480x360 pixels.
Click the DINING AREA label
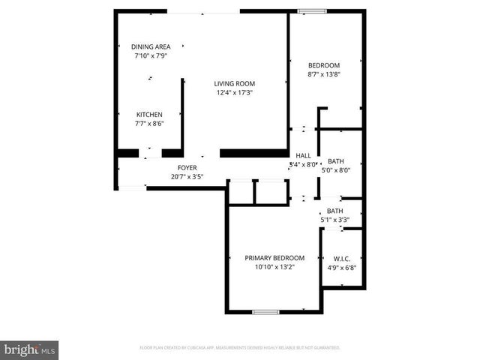(151, 46)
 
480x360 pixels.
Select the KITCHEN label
(148, 115)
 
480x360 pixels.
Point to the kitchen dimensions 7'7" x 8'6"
(148, 124)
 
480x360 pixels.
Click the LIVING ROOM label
(235, 83)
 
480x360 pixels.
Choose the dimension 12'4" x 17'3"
(235, 93)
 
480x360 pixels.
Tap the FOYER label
(187, 168)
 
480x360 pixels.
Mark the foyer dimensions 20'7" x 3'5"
(187, 177)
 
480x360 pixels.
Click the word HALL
(303, 155)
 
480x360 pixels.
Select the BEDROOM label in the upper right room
(323, 65)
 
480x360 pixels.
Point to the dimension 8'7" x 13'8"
(323, 75)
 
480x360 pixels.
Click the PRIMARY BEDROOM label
(274, 257)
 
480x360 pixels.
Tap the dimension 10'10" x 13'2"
(274, 267)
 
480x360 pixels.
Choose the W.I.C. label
(342, 258)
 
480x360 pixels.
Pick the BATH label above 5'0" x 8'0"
(335, 160)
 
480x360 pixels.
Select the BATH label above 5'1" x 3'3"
(334, 211)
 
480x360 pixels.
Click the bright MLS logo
(30, 349)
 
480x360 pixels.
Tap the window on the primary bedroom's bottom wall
(265, 312)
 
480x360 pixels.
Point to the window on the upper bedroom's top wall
(312, 10)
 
